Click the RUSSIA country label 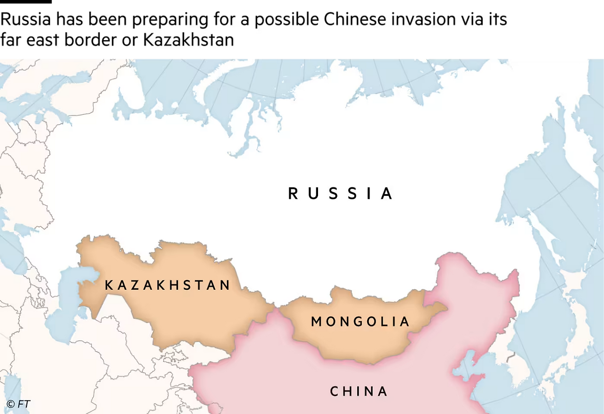pyautogui.click(x=341, y=194)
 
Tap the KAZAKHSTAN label pyautogui.click(x=168, y=285)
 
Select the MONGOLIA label pyautogui.click(x=361, y=322)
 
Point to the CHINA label pyautogui.click(x=359, y=391)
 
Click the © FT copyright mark pyautogui.click(x=18, y=404)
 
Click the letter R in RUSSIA pyautogui.click(x=293, y=194)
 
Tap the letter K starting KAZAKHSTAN pyautogui.click(x=109, y=285)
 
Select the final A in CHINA pyautogui.click(x=383, y=391)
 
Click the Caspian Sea pyautogui.click(x=66, y=307)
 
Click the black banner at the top pyautogui.click(x=302, y=28)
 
